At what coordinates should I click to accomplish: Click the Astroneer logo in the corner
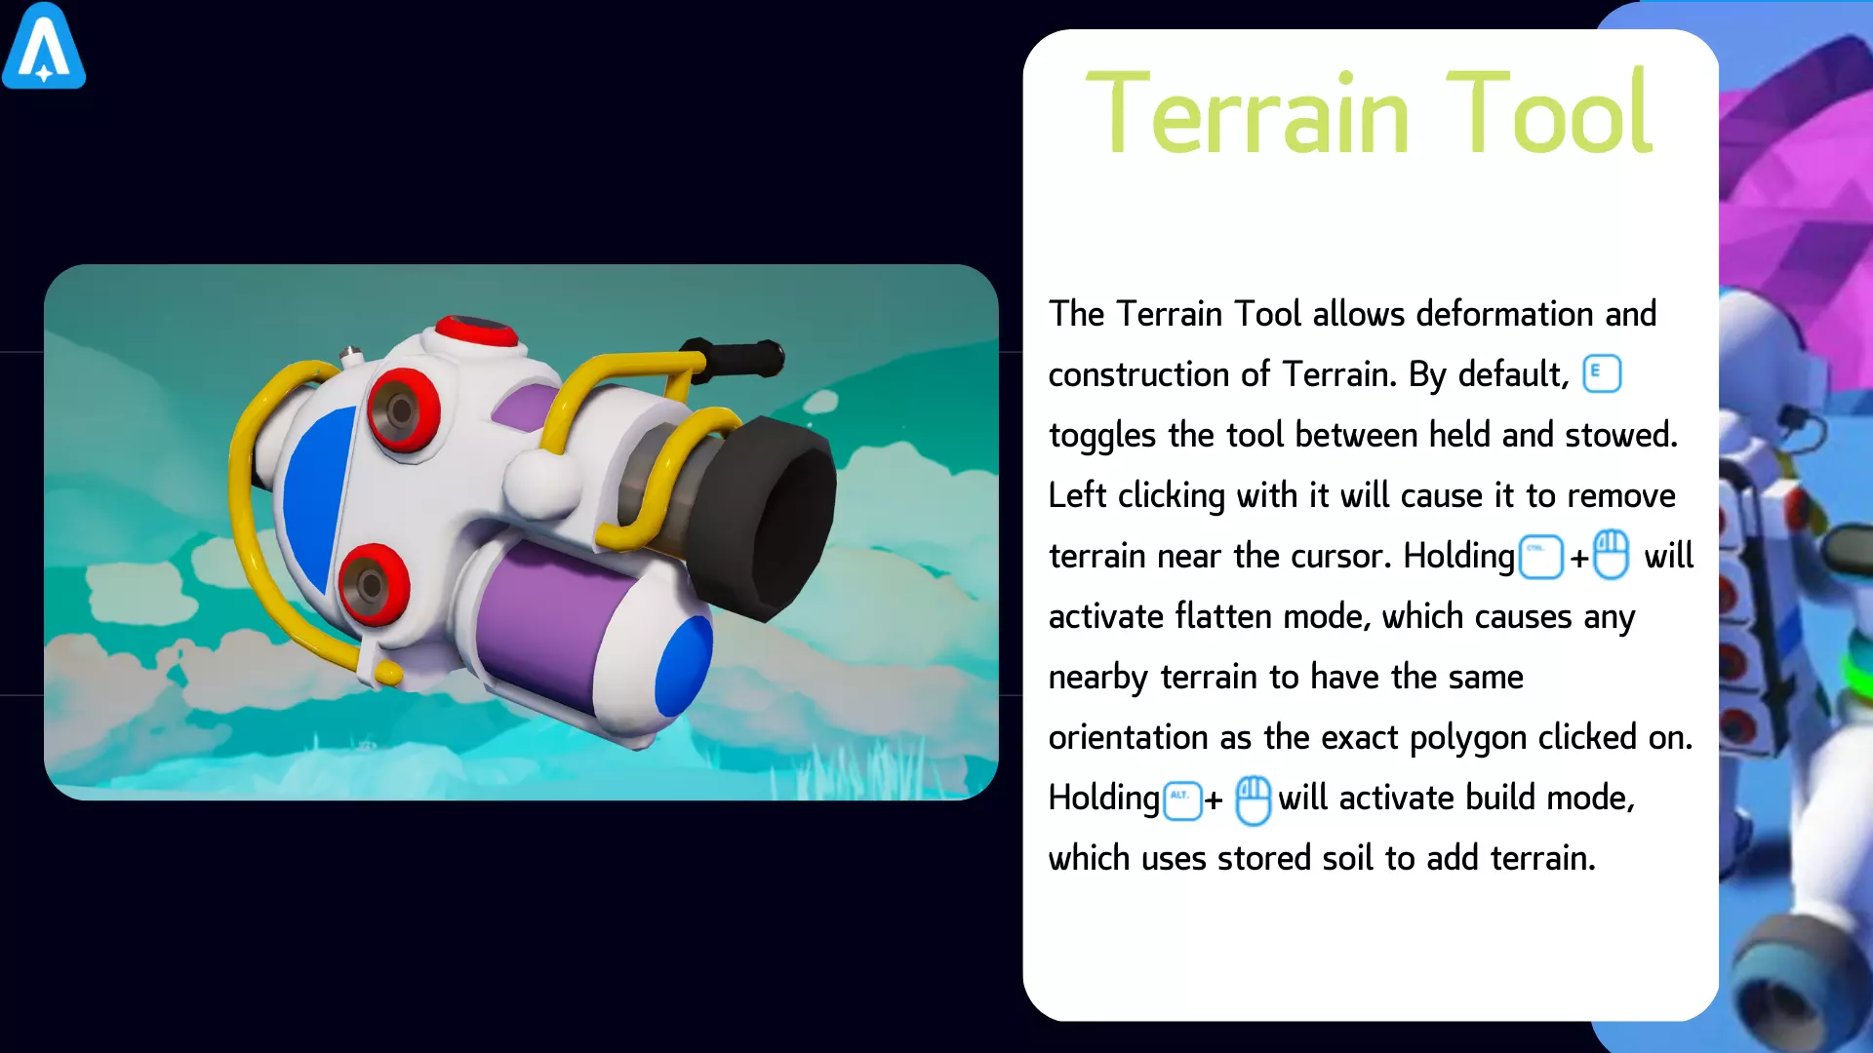tap(44, 46)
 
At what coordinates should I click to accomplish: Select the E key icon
tap(1602, 373)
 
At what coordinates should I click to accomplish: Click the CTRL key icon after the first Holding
tap(1541, 558)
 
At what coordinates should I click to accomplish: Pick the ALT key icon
tap(1182, 800)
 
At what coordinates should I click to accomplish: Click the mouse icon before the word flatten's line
tap(1612, 555)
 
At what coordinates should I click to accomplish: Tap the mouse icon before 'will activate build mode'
tap(1254, 800)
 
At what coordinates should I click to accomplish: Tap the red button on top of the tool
tap(476, 331)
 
